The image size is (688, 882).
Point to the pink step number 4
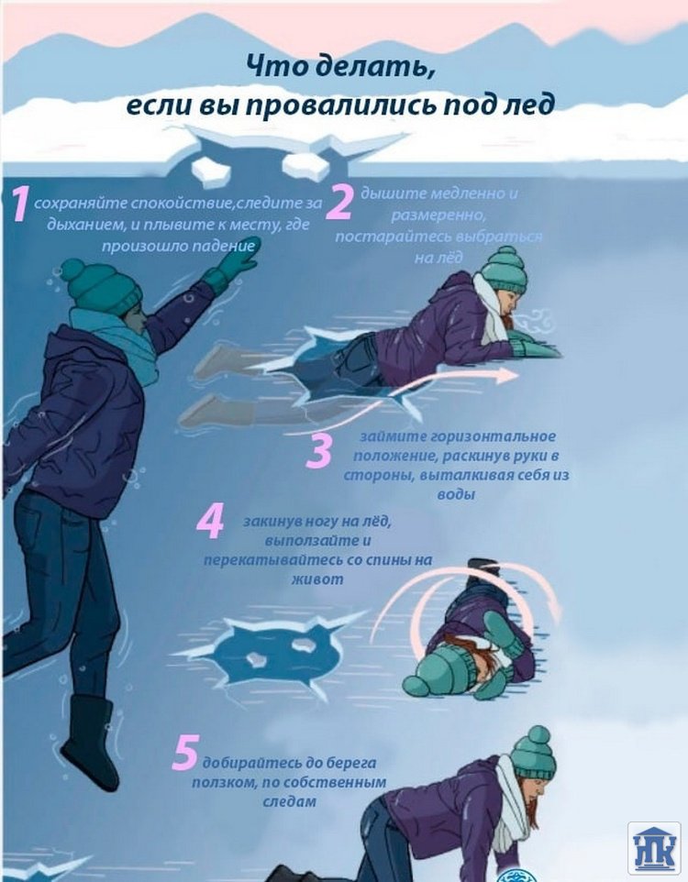211,522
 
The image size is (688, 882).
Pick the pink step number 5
184,754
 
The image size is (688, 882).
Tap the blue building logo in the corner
654,848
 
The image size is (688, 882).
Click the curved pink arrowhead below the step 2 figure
506,376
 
